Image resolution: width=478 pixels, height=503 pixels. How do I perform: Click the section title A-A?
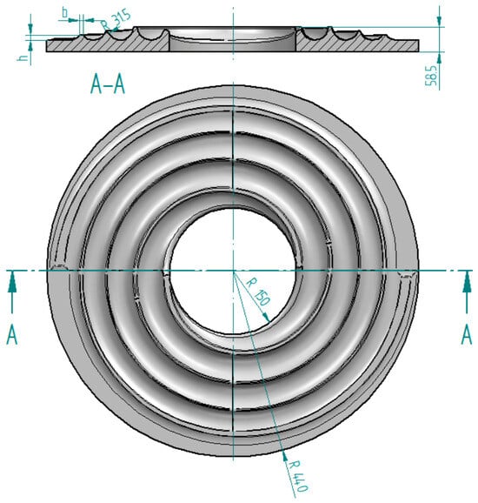coord(108,84)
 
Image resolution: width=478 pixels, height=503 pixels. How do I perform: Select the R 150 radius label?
coord(259,292)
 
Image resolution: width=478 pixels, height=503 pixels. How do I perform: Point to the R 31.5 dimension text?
coord(116,20)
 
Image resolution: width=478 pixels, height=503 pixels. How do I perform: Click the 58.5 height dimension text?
coord(431,76)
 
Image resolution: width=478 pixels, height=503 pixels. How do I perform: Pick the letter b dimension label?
coord(65,13)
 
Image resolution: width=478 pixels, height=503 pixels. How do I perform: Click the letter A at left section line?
coord(12,334)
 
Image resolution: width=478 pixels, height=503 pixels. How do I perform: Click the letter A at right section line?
coord(467,334)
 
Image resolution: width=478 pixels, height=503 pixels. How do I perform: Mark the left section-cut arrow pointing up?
coord(12,292)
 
